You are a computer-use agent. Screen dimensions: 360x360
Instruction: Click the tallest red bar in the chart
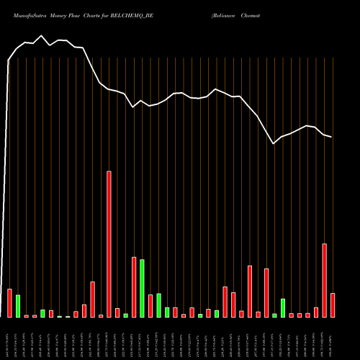[109, 244]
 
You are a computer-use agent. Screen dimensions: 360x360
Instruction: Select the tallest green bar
[142, 288]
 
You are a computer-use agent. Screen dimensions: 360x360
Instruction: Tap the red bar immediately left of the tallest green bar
[134, 287]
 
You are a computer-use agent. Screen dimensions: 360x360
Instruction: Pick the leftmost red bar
[9, 302]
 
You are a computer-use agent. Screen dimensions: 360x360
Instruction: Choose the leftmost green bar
[18, 306]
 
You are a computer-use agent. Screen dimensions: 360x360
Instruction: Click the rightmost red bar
[333, 305]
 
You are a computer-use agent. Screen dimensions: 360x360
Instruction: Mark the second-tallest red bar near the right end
[324, 280]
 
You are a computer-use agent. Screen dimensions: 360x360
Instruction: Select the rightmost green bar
[283, 307]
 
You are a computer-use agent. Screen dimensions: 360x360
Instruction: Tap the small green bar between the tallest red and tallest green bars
[125, 315]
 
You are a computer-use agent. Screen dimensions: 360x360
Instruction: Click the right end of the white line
[332, 137]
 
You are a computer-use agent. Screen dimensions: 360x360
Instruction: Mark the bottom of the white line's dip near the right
[274, 144]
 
